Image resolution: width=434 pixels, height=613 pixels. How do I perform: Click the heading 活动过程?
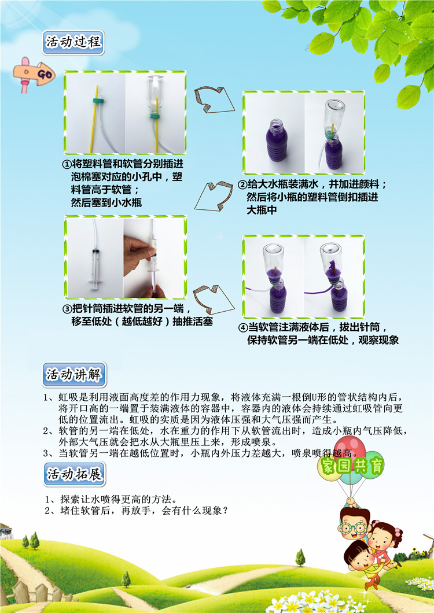75,43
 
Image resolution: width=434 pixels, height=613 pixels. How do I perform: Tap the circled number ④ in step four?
243,327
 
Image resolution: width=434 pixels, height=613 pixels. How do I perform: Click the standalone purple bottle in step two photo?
274,145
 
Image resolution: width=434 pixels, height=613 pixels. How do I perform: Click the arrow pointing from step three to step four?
211,298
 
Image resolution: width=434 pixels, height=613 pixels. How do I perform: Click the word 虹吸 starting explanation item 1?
65,398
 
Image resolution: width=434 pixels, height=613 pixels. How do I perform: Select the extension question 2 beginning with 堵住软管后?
139,511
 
